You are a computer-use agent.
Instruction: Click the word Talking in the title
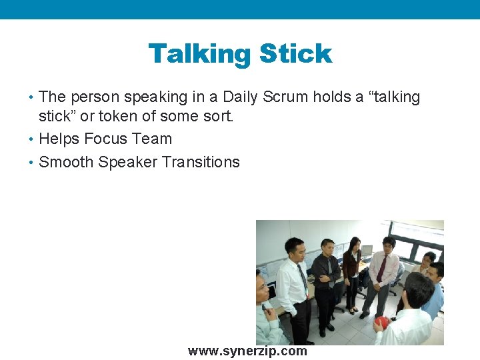tap(199, 54)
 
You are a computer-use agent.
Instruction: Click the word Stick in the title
tap(295, 54)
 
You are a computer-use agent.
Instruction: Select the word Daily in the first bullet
tap(241, 97)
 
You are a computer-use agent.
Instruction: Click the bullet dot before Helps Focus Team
tap(33, 139)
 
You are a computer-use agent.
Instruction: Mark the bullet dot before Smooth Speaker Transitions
tap(33, 162)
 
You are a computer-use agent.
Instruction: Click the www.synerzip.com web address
tap(247, 351)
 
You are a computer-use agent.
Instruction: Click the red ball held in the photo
tap(381, 323)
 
